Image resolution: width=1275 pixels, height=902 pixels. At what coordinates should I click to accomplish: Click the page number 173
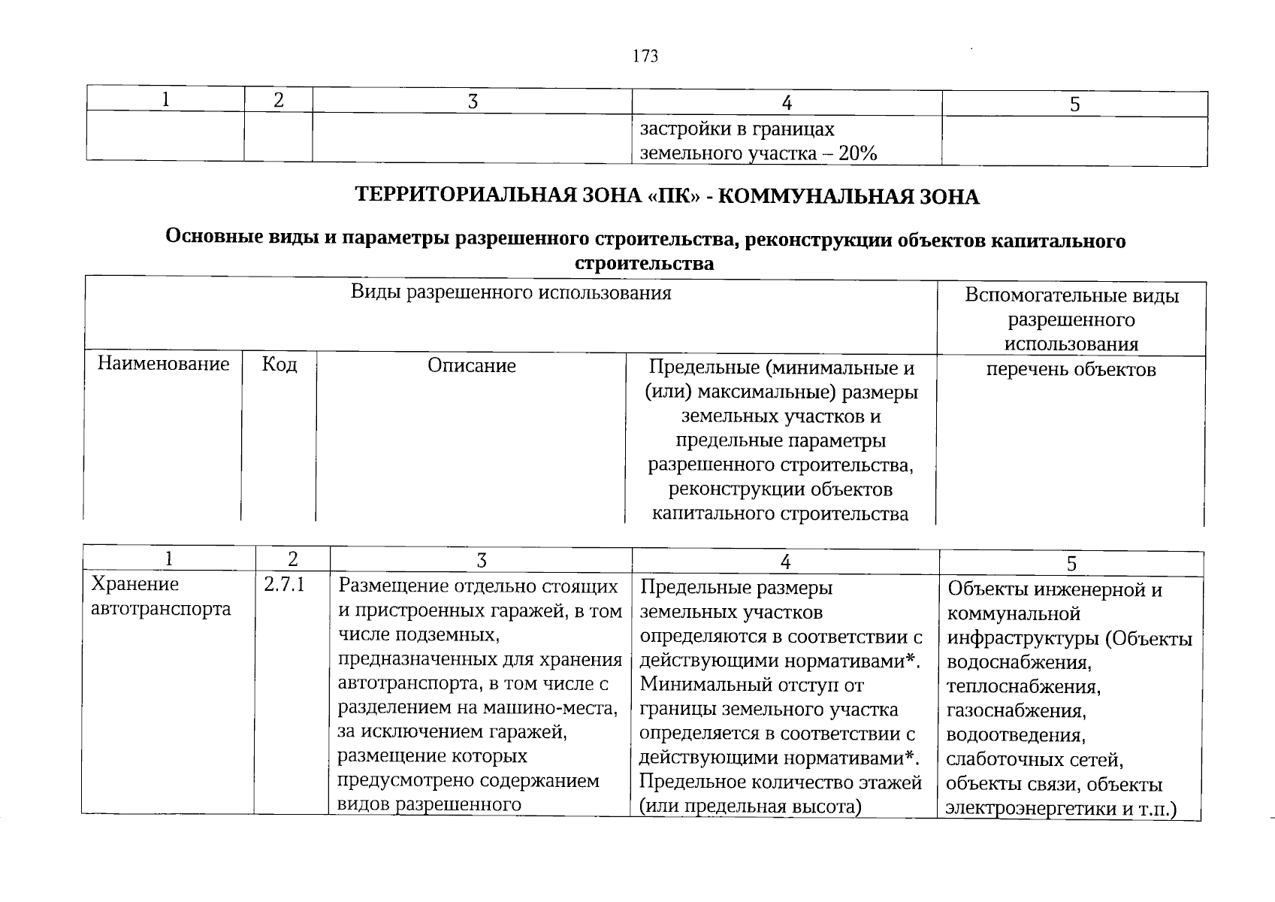(x=645, y=56)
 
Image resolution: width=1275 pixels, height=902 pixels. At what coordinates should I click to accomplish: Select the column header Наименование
(x=163, y=365)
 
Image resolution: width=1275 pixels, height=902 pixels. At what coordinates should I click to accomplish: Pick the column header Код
(x=279, y=365)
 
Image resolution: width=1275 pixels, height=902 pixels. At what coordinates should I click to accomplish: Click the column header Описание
(x=472, y=366)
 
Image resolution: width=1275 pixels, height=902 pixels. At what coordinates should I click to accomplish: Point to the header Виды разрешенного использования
(x=511, y=292)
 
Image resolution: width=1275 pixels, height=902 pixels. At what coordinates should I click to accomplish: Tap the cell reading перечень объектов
(x=1071, y=369)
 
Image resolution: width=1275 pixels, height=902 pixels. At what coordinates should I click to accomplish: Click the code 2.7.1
(x=284, y=584)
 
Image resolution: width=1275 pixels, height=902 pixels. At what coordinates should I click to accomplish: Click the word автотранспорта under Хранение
(x=160, y=608)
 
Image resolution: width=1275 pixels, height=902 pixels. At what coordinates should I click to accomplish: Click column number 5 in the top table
(x=1074, y=104)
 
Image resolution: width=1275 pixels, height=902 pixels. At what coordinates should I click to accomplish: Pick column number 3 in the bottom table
(x=481, y=560)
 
